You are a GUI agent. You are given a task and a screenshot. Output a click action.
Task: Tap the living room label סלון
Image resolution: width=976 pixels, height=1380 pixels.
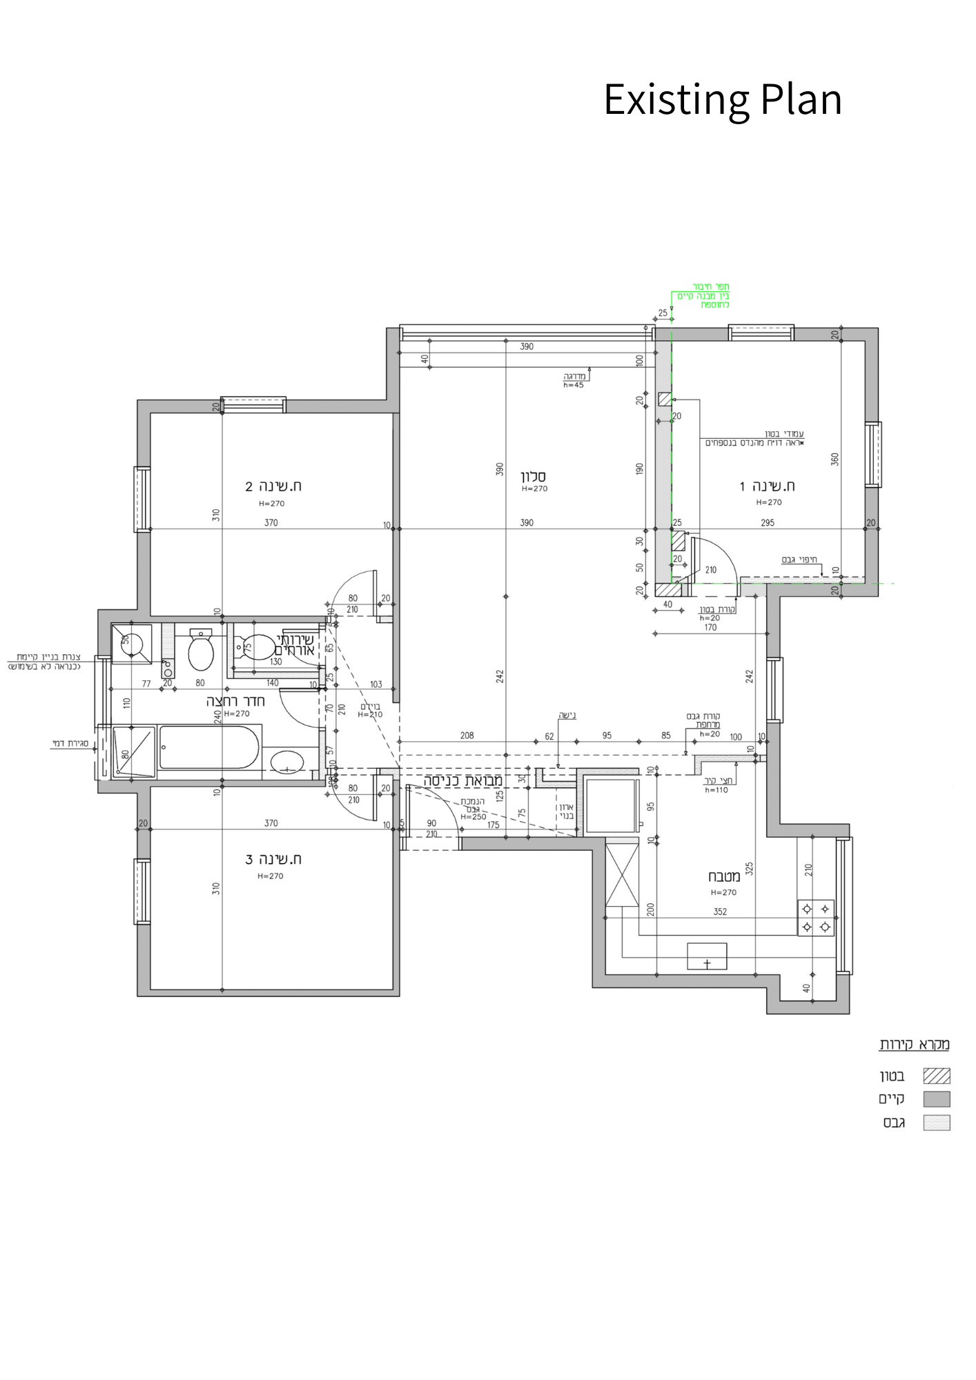tap(534, 476)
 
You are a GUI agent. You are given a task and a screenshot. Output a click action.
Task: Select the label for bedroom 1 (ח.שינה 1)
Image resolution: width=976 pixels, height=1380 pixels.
tap(768, 486)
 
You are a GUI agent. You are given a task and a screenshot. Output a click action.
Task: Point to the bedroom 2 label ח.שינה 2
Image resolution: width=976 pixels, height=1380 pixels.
tap(273, 486)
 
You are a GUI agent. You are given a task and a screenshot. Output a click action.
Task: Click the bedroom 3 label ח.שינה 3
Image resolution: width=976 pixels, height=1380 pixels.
tap(273, 860)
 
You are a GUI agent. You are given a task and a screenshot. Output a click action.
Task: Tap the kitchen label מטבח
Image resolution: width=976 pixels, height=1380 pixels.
tap(723, 877)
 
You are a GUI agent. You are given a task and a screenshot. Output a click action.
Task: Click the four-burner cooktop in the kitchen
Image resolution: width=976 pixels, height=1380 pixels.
tap(816, 918)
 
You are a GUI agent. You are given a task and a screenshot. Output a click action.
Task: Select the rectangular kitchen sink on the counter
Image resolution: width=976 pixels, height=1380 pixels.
tap(707, 956)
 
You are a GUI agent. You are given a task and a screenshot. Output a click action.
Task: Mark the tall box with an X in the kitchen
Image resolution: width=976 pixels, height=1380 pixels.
tap(622, 875)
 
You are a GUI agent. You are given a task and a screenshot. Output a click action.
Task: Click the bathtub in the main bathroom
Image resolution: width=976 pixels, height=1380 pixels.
tap(208, 747)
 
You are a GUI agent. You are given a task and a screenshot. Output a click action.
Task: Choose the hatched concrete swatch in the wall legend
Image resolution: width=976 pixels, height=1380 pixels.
tap(937, 1076)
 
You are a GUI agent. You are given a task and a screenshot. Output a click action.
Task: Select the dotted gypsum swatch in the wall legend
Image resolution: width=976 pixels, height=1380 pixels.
tap(937, 1123)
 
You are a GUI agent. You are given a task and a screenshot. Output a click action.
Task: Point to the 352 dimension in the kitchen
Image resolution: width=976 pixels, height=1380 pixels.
tap(720, 911)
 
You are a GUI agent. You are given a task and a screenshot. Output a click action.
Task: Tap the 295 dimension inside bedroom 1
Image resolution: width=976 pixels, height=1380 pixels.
tap(768, 523)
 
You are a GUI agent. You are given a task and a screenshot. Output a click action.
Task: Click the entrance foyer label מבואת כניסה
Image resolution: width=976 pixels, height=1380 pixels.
tap(464, 780)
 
